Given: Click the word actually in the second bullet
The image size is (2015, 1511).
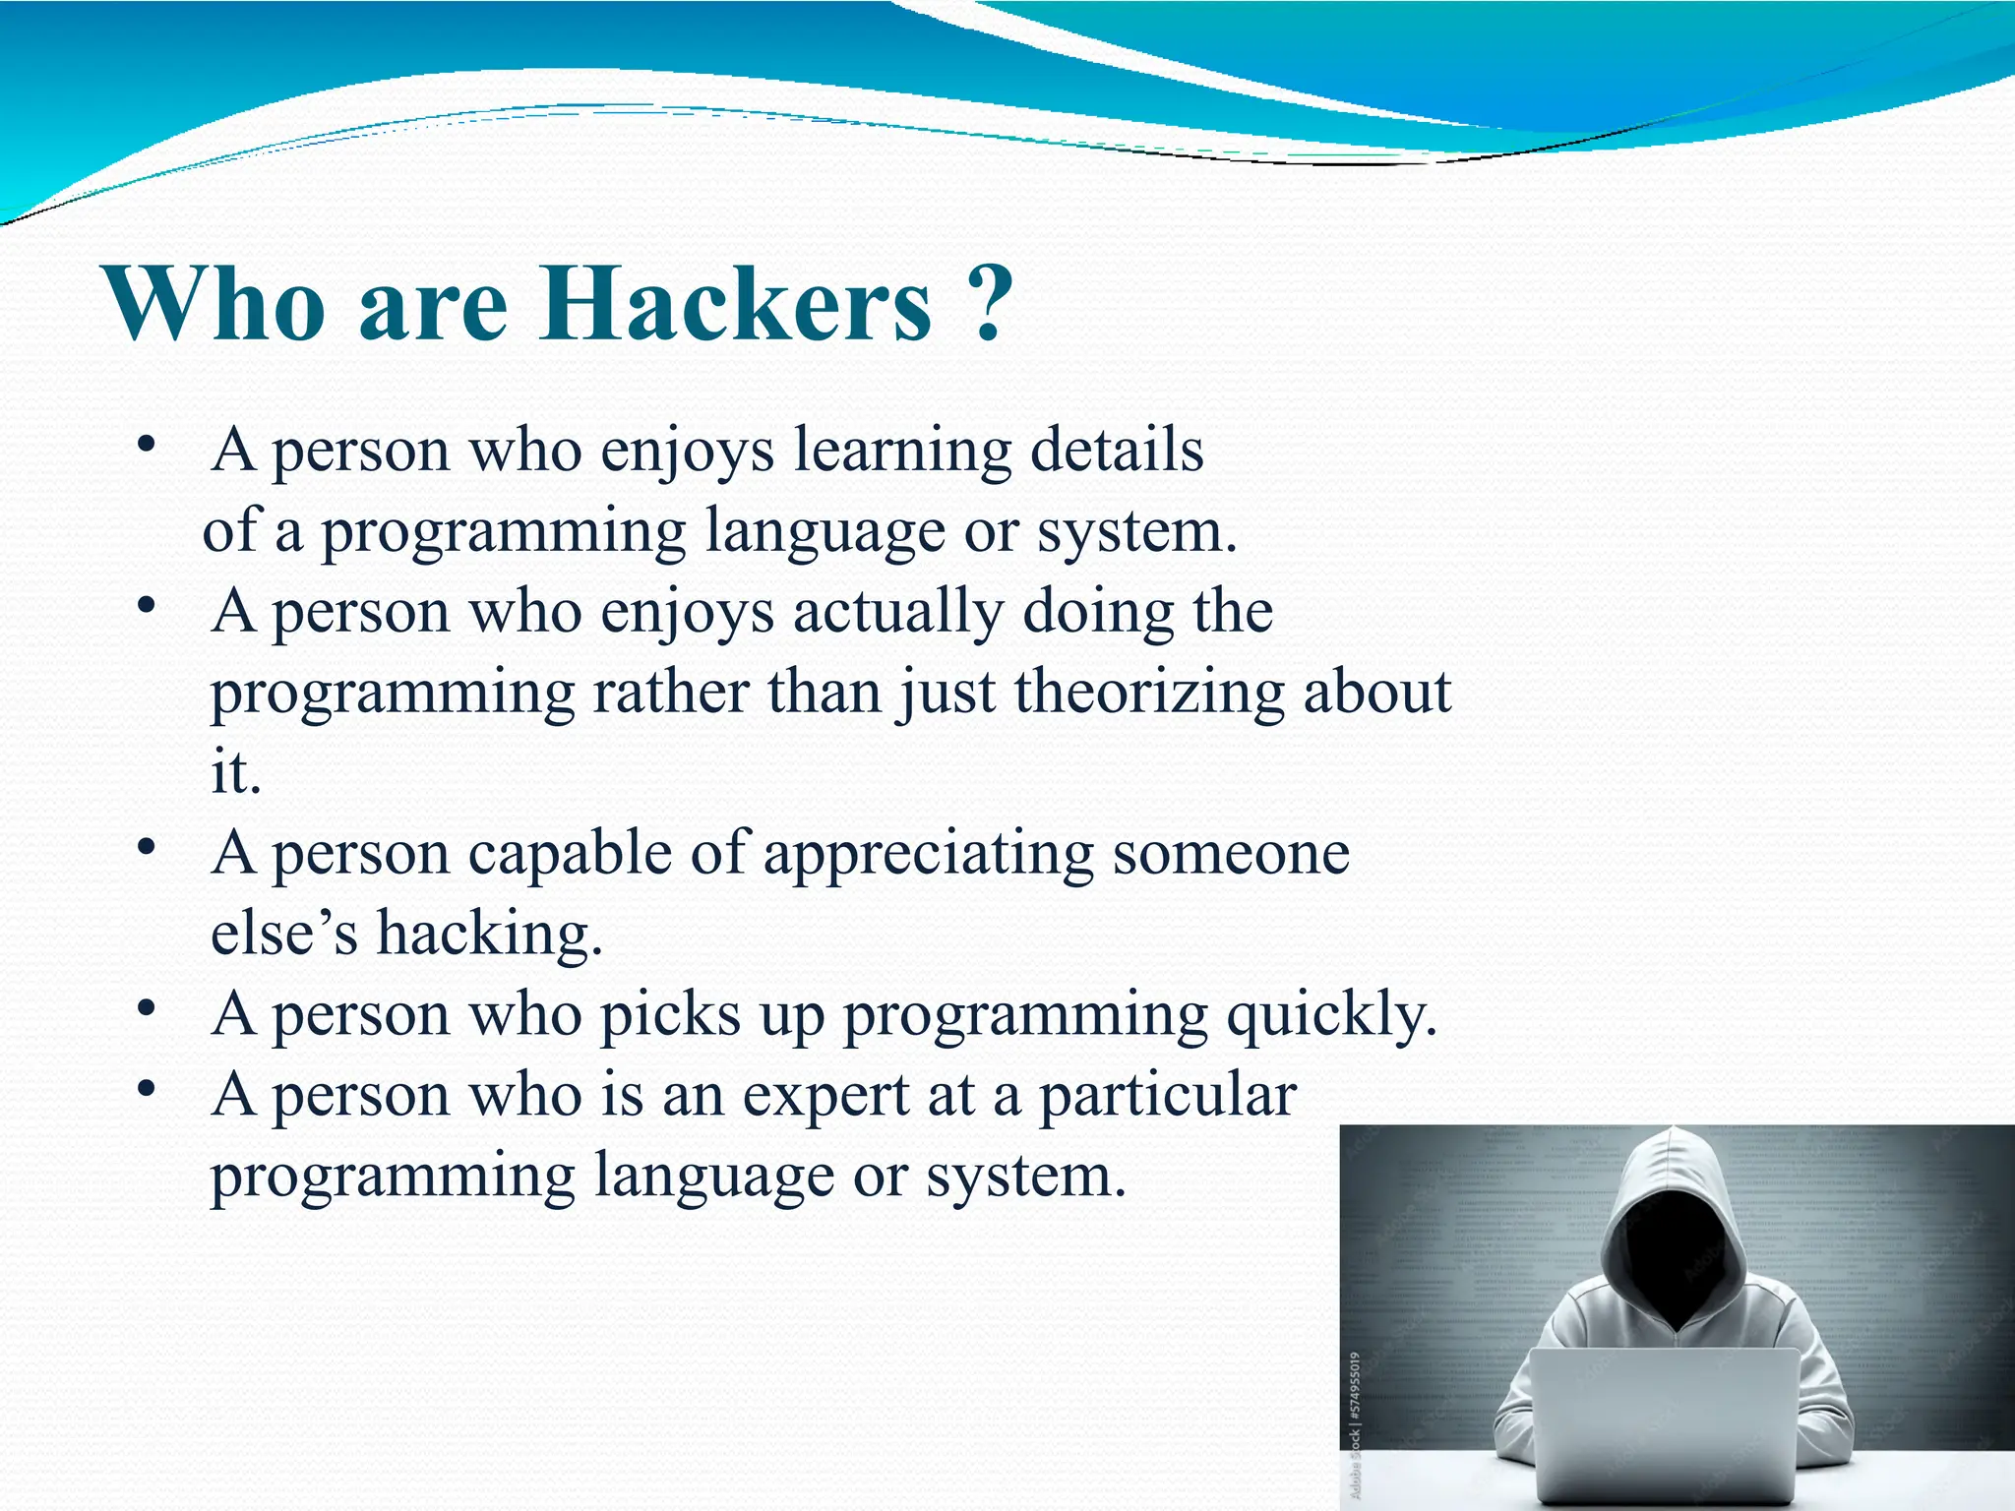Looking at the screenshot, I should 898,612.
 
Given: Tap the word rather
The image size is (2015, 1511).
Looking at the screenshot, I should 671,692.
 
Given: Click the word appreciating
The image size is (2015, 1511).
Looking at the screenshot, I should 928,854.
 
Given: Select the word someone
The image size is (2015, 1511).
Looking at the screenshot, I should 1231,853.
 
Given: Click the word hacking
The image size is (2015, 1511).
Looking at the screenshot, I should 489,934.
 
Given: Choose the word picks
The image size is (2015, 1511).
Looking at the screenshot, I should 670,1014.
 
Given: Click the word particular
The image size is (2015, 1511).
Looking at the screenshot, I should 1168,1096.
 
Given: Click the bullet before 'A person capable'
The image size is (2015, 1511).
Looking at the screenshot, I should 147,847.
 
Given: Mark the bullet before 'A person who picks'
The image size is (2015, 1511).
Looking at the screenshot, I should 147,1008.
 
